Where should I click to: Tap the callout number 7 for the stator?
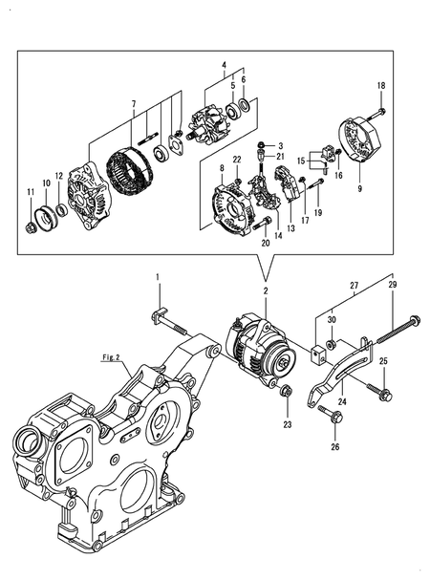(134, 103)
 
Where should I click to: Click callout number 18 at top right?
(380, 87)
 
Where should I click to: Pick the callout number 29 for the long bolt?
(392, 286)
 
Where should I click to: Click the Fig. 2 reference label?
(114, 357)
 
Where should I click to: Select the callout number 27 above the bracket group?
(355, 285)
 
